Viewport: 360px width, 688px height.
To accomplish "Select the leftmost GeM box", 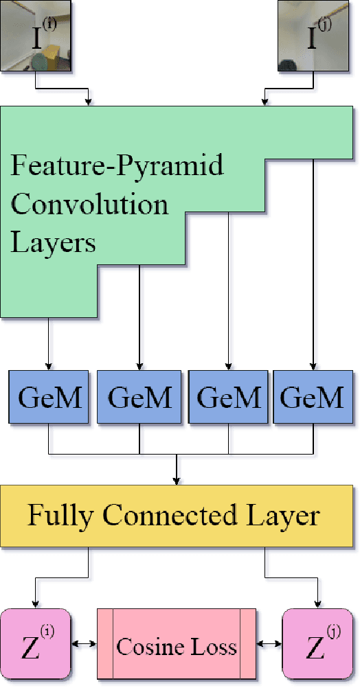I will coord(48,396).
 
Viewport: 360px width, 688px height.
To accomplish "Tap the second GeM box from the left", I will coord(139,396).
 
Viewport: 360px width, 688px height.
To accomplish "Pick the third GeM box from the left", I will coord(229,396).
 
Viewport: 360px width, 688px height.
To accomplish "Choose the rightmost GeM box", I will coord(313,396).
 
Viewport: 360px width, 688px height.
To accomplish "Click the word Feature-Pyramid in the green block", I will coord(117,167).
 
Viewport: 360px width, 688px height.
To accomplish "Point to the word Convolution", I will coord(89,205).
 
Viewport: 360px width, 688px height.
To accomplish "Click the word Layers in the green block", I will coord(54,242).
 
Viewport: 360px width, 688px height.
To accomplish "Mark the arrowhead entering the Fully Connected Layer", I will coord(177,481).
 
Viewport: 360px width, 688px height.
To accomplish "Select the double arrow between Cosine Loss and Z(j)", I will coord(269,644).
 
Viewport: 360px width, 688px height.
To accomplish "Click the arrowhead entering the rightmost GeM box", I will coord(313,366).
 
